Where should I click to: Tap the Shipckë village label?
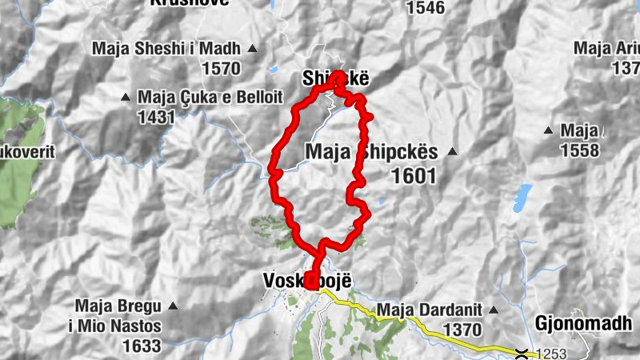click(335, 78)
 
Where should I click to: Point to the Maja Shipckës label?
click(372, 151)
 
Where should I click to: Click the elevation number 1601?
click(414, 176)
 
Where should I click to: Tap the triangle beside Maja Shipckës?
click(453, 151)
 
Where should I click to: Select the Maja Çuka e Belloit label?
click(210, 97)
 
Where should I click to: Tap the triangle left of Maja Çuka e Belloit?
click(126, 98)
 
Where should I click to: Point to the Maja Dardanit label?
click(428, 309)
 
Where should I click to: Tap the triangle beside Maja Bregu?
click(173, 306)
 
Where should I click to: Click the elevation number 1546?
click(425, 8)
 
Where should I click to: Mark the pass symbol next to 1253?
click(522, 353)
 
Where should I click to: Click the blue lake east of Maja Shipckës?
click(523, 195)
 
